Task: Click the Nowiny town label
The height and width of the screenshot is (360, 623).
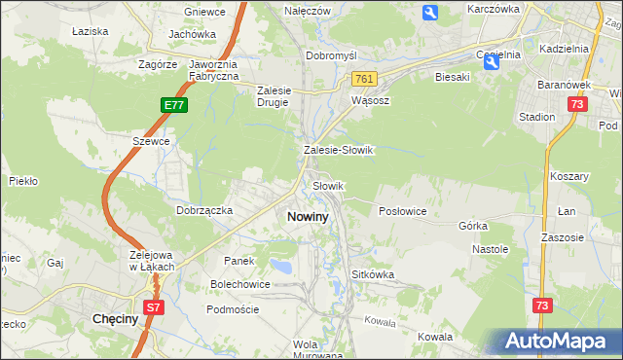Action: coord(308,217)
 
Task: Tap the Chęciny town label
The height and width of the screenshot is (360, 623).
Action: coord(114,318)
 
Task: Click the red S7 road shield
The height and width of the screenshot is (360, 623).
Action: coord(153,307)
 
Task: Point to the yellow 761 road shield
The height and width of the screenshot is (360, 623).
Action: coord(364,78)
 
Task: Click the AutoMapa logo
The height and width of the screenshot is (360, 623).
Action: coord(558,341)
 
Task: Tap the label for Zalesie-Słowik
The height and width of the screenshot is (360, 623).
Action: coord(339,151)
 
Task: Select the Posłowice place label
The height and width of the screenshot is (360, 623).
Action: coord(402,210)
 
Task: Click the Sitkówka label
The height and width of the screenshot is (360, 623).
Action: coord(373,274)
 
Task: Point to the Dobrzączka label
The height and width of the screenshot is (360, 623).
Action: coord(203,209)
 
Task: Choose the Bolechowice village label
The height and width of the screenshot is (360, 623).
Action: coord(240,284)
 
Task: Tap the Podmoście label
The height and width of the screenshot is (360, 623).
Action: coord(233,308)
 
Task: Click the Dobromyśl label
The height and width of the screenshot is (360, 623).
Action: coord(333,55)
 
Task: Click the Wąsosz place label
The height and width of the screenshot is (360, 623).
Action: coord(370,99)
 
